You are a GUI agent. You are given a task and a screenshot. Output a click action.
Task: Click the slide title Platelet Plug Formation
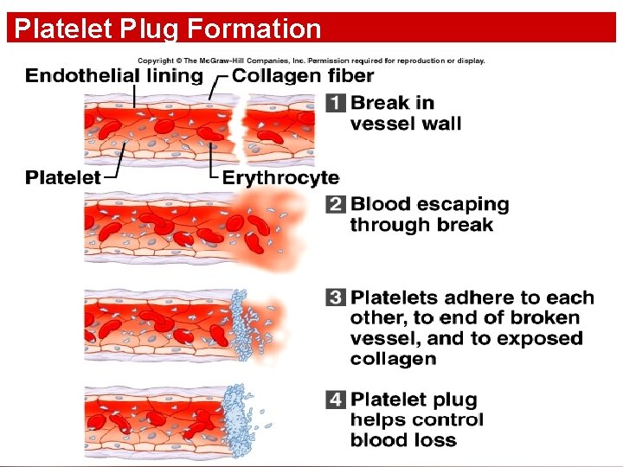(168, 29)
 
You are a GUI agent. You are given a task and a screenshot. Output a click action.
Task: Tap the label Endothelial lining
(113, 76)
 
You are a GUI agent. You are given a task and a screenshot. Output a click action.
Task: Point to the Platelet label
(62, 177)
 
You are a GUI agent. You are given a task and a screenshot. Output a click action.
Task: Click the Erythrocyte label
(280, 177)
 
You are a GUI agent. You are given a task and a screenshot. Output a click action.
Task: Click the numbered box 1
(336, 103)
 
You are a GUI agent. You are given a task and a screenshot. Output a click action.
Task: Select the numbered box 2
(336, 205)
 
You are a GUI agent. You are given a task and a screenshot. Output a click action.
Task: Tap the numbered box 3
(336, 297)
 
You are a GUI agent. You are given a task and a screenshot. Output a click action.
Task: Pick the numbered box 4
(336, 400)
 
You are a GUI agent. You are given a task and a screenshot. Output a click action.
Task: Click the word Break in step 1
(381, 103)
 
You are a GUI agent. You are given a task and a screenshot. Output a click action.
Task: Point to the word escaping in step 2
(459, 205)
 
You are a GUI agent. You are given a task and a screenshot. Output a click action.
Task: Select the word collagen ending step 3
(394, 359)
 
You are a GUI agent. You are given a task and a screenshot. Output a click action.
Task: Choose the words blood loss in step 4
(403, 440)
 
